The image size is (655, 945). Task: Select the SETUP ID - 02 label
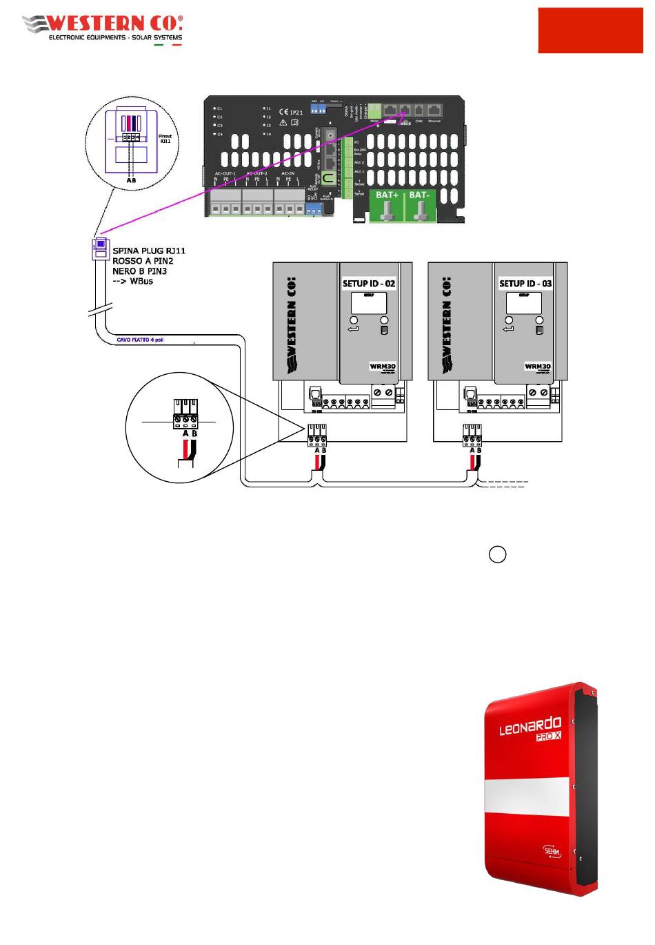point(369,284)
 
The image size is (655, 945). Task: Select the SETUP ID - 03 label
point(525,284)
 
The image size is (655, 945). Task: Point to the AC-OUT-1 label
point(225,173)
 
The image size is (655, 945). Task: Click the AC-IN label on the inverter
point(288,173)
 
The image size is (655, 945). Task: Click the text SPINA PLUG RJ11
point(149,251)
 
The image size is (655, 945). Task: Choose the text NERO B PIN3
point(139,271)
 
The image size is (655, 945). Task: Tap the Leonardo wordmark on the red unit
point(530,727)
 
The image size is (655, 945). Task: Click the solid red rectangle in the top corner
point(590,31)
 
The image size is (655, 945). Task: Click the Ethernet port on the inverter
point(434,110)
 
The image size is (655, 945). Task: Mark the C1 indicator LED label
point(219,109)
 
